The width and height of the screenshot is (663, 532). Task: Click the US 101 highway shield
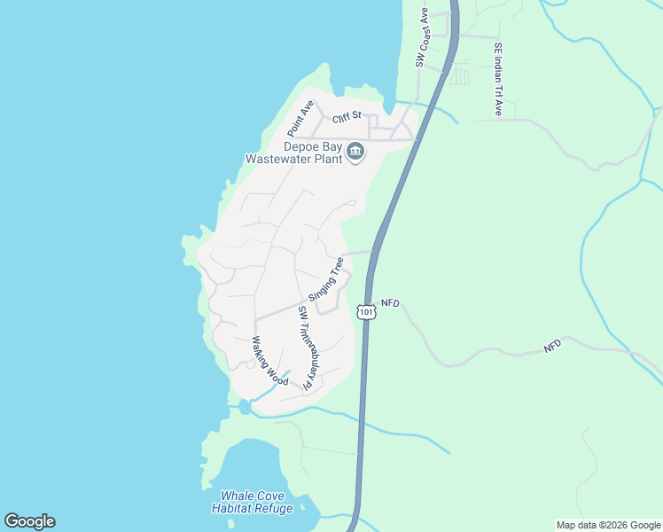point(366,311)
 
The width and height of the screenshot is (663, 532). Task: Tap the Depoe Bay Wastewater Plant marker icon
point(355,153)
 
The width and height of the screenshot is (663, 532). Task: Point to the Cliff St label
point(347,116)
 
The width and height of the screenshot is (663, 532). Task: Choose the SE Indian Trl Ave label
point(499,80)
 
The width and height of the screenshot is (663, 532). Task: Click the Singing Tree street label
point(325,279)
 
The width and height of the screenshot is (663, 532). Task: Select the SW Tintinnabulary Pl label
point(306,348)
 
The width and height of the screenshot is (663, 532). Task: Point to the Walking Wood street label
point(269,360)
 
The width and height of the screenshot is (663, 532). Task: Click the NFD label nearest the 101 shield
point(391,303)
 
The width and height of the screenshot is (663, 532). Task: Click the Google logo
point(29,521)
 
